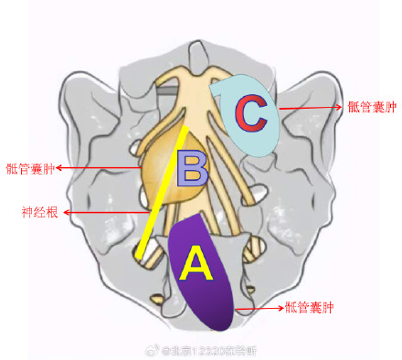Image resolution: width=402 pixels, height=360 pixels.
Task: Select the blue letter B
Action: pos(194,169)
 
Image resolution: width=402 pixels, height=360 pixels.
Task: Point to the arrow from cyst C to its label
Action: pos(311,107)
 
